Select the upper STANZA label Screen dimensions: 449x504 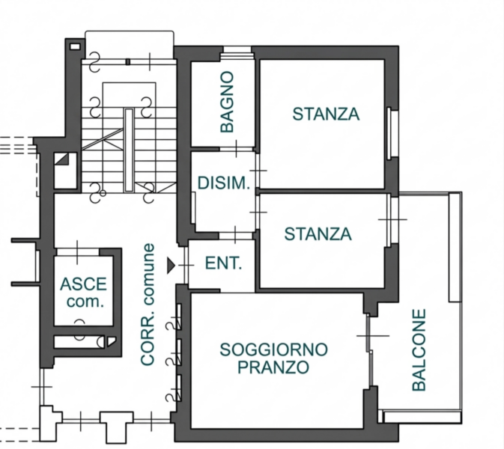click(326, 114)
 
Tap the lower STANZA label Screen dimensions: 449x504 click(318, 234)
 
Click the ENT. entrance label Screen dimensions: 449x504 click(223, 263)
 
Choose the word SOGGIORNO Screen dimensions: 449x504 click(273, 349)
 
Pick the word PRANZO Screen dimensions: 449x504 click(273, 367)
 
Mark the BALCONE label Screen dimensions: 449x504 click(419, 350)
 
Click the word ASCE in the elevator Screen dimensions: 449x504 click(83, 285)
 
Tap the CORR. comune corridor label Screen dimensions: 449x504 click(148, 305)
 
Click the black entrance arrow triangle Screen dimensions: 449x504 click(172, 264)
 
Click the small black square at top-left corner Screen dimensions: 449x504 click(73, 46)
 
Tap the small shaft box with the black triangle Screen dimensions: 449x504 click(62, 160)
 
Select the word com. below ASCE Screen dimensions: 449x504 click(84, 302)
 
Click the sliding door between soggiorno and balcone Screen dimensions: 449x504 click(370, 351)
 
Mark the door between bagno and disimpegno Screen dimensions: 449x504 click(237, 149)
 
